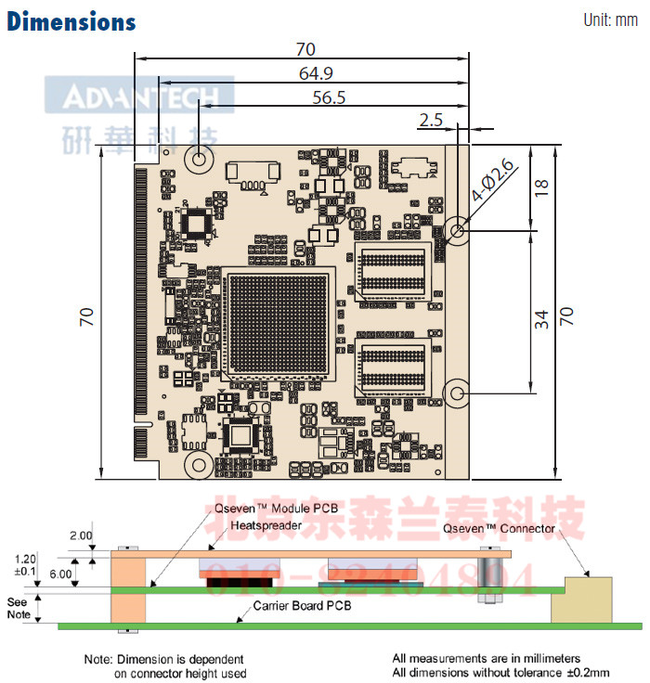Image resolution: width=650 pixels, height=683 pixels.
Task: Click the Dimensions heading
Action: click(71, 21)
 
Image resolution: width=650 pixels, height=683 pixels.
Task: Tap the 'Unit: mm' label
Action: click(610, 19)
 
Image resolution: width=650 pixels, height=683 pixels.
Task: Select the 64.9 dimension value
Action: click(317, 73)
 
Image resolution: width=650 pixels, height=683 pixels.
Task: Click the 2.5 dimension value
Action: click(431, 120)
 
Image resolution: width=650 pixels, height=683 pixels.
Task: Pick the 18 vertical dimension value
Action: click(544, 187)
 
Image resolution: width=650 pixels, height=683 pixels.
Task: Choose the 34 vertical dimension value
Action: click(544, 318)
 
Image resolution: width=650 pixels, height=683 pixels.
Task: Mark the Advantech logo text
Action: click(139, 97)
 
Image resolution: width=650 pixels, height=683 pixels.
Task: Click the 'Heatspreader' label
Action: click(267, 525)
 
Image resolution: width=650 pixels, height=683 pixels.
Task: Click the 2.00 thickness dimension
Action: click(81, 535)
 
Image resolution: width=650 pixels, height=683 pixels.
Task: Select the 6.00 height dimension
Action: click(59, 573)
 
